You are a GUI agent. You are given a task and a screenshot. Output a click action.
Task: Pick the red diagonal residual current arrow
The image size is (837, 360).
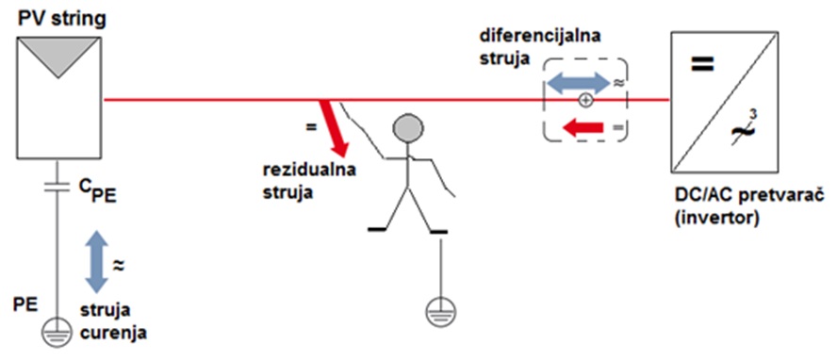334,127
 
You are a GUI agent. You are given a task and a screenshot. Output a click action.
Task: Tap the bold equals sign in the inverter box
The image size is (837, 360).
700,66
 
